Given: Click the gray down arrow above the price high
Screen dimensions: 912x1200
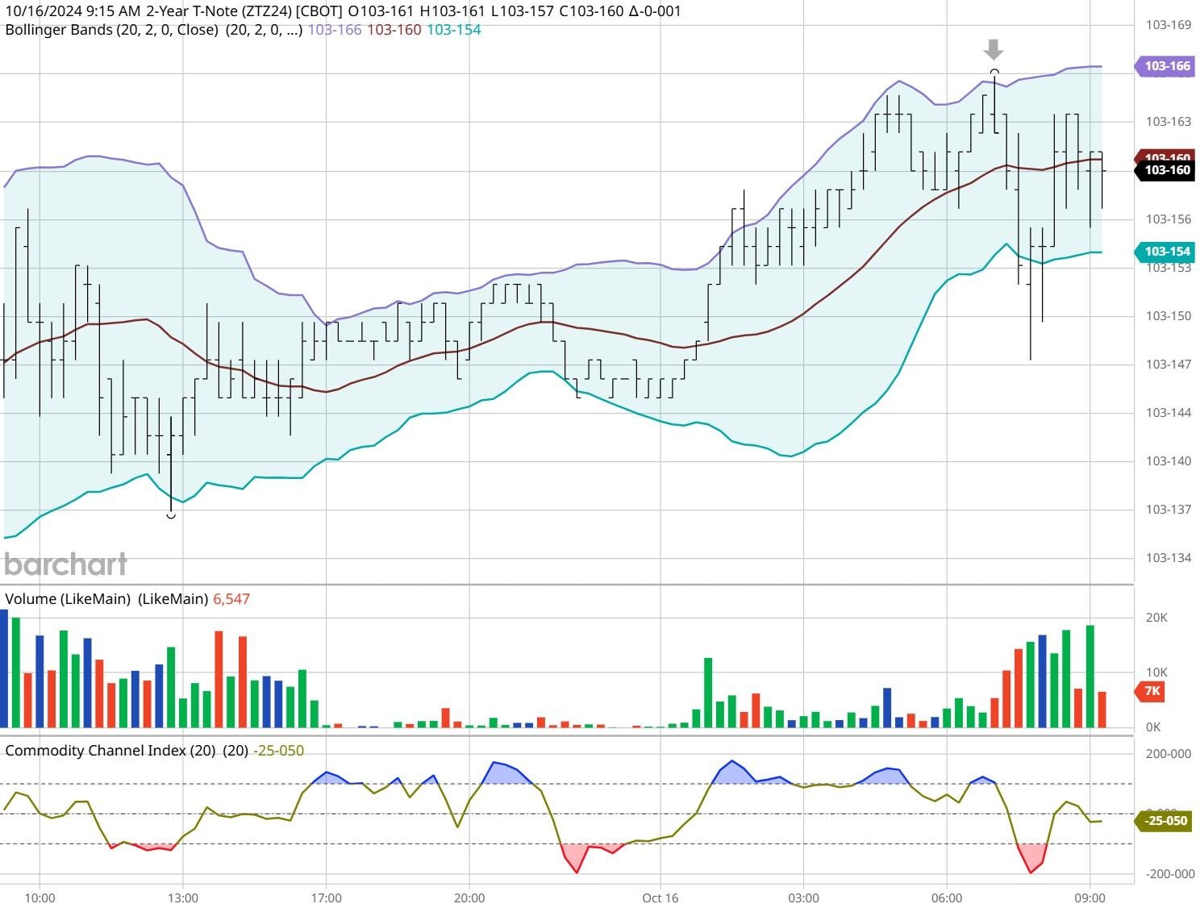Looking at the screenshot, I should point(994,50).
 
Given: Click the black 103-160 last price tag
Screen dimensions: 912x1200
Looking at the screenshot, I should point(1165,170).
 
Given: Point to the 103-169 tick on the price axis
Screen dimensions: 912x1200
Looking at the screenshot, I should point(1168,25).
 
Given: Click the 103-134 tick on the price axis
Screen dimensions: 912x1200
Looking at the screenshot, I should point(1168,558).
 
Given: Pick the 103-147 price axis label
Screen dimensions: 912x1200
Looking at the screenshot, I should point(1168,364).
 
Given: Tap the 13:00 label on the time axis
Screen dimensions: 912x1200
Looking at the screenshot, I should point(183,898).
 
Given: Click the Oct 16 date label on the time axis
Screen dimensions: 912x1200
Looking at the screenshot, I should point(660,898).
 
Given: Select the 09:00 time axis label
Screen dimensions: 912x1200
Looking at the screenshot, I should point(1090,898).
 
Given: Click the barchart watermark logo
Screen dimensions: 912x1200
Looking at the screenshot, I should point(66,564).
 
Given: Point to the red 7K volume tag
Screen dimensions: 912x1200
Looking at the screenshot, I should point(1152,691).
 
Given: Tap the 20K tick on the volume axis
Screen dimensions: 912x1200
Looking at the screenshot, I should point(1156,618).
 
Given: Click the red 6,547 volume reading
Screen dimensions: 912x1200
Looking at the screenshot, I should point(231,599).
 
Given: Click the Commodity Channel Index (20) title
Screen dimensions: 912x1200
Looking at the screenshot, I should point(110,751).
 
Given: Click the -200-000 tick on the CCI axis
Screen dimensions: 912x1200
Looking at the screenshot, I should point(1169,874).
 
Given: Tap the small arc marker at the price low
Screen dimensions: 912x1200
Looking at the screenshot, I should point(171,515).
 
